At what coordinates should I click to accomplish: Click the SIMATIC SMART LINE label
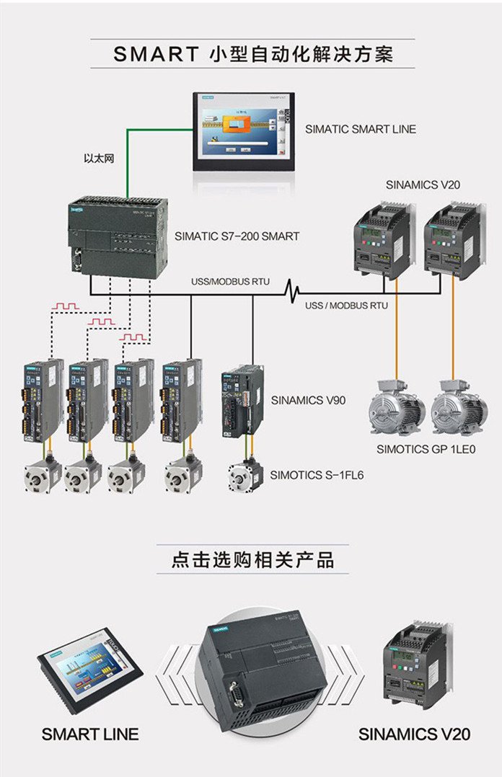(x=360, y=129)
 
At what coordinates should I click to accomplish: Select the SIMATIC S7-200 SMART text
(x=237, y=236)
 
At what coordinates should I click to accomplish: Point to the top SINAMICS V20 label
(x=423, y=185)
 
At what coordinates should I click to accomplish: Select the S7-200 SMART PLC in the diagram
(x=115, y=234)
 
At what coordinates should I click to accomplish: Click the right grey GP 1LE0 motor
(x=459, y=413)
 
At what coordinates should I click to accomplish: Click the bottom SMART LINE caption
(x=90, y=734)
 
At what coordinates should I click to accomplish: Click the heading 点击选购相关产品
(x=252, y=560)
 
